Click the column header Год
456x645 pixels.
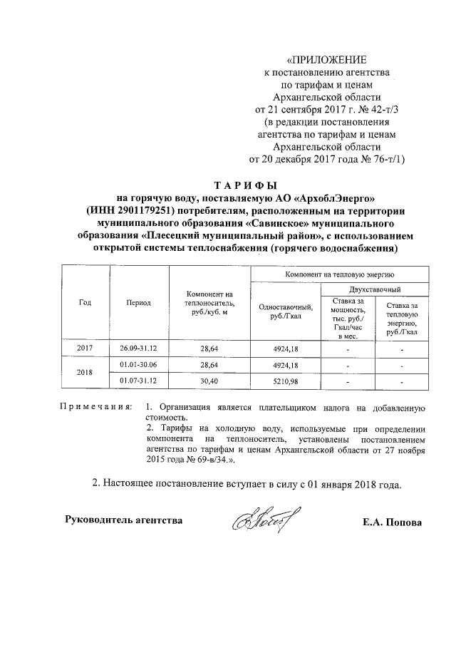point(84,302)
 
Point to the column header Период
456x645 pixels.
point(138,302)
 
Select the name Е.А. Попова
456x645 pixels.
point(392,522)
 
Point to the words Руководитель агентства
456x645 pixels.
point(123,520)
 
